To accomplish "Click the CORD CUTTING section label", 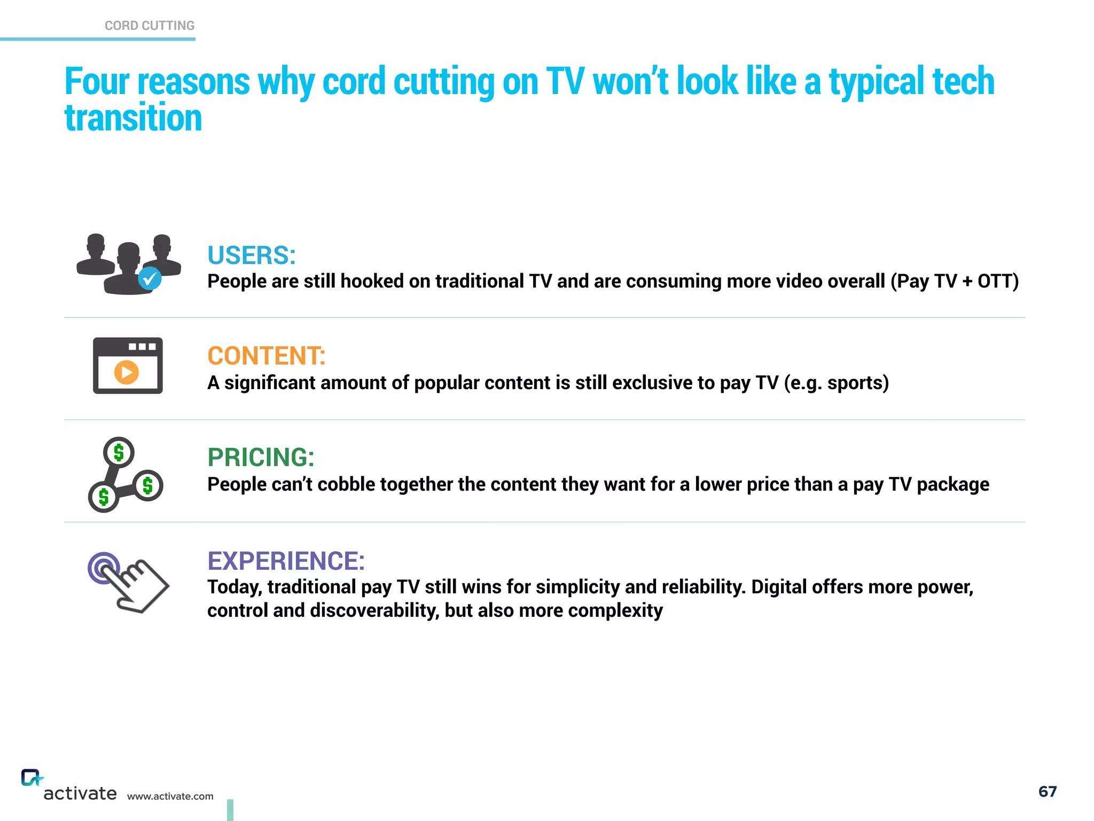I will [150, 26].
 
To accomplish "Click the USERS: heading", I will [251, 255].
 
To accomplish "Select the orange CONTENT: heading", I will [266, 356].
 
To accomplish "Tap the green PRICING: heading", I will [261, 458].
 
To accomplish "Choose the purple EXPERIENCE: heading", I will [286, 561].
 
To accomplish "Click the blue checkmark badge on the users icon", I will [150, 278].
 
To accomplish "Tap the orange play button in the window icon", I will [127, 372].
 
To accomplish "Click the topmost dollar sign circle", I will [119, 453].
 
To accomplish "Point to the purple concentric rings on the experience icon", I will [101, 567].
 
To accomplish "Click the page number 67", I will [1048, 792].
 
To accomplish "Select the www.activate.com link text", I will [170, 796].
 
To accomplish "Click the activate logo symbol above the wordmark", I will [32, 778].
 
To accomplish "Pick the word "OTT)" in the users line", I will [998, 281].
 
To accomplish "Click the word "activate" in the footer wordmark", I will [80, 793].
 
